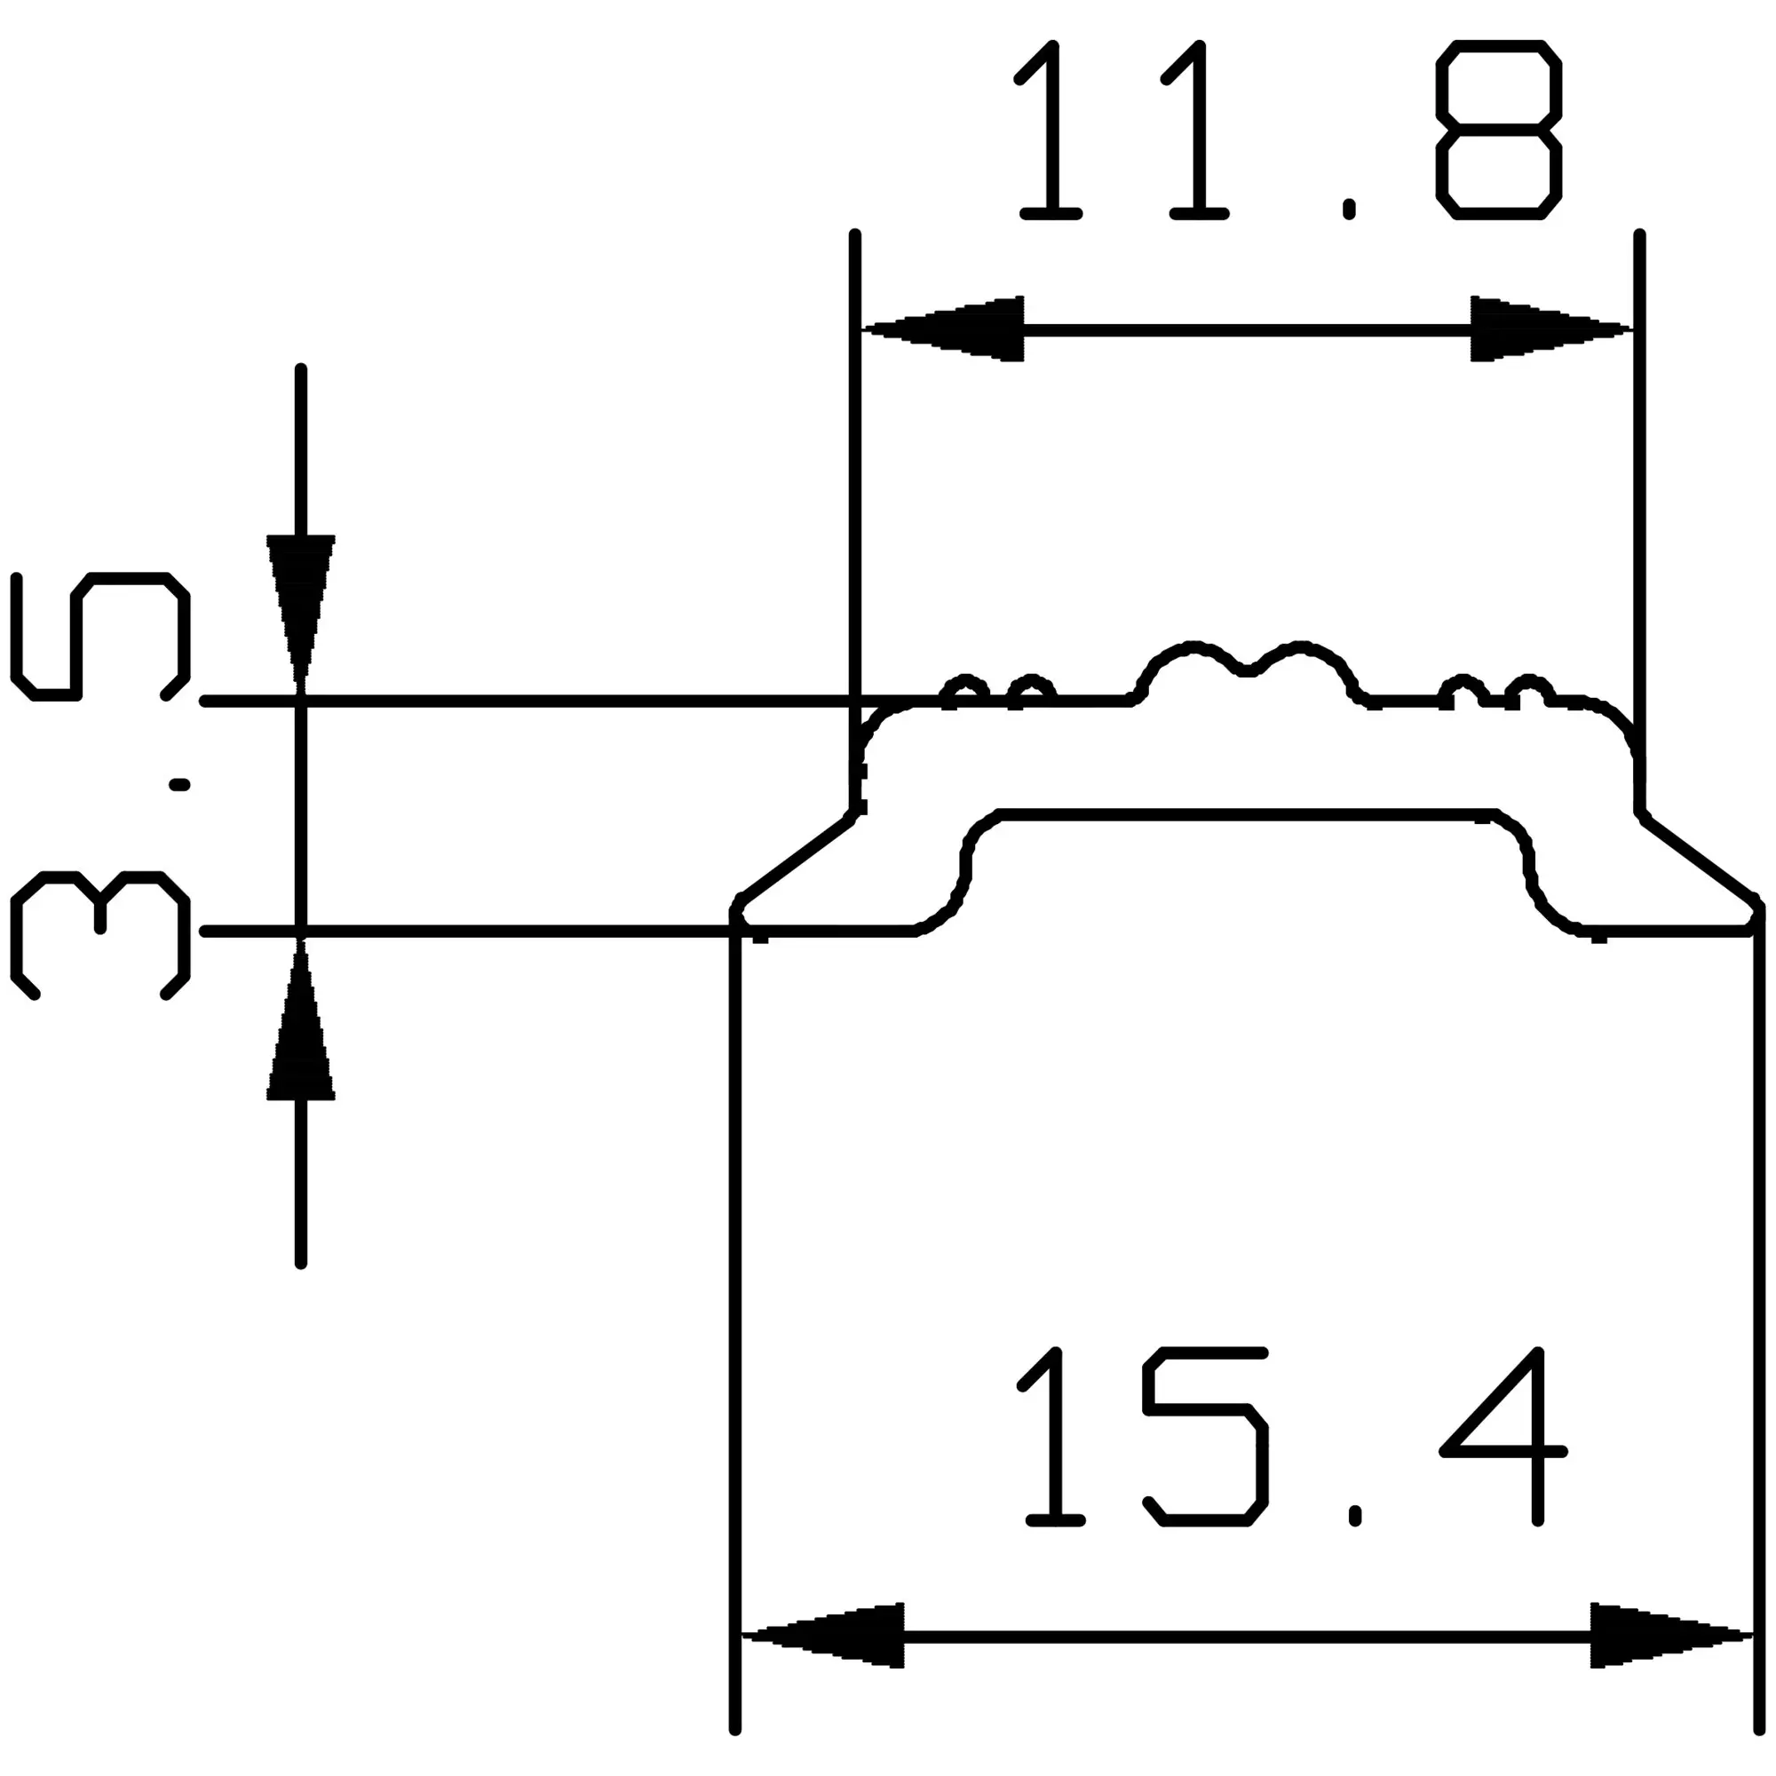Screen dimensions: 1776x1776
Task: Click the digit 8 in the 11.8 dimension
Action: (x=1498, y=130)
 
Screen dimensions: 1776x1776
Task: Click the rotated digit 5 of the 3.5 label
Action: (x=101, y=636)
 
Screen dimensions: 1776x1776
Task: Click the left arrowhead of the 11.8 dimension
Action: (x=947, y=329)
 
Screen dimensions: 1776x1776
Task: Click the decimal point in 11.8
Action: (x=1349, y=210)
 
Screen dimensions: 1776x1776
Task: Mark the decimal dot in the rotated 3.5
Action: (x=180, y=784)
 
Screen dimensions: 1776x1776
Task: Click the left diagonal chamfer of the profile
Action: (x=795, y=859)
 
